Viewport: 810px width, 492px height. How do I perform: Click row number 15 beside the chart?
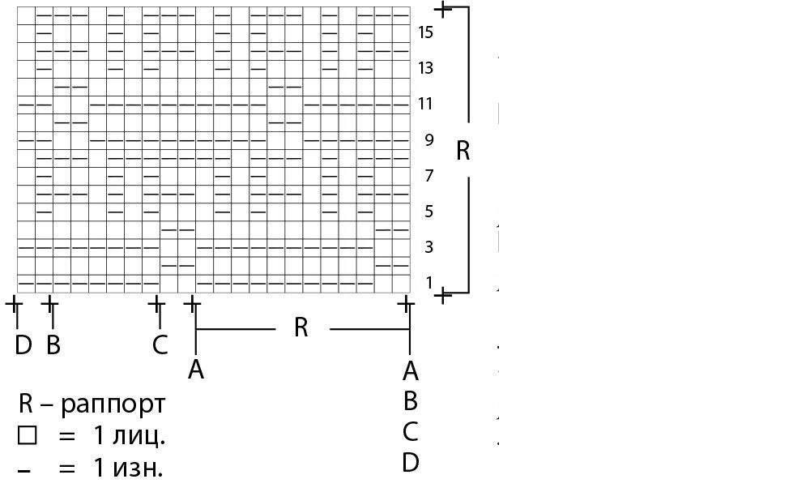tap(425, 32)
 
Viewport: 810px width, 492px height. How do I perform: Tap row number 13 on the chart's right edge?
tap(425, 68)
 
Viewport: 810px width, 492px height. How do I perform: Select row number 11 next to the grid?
tap(425, 104)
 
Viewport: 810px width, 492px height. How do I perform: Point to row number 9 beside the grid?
tap(428, 140)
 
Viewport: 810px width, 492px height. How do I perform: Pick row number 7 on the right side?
tap(428, 176)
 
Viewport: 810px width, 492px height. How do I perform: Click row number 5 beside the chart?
tap(428, 212)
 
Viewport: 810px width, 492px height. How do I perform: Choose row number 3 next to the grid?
tap(428, 247)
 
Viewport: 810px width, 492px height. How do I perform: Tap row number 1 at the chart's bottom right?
tap(428, 282)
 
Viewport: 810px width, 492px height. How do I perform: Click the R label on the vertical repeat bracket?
tap(463, 151)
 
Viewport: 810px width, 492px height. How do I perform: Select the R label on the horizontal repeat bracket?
tap(301, 328)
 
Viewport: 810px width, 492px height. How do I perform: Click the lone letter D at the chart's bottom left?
tap(23, 346)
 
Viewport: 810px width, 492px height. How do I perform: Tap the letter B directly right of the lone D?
tap(53, 346)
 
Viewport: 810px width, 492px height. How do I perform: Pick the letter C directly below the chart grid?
tap(160, 346)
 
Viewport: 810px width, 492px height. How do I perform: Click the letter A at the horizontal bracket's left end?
tap(195, 370)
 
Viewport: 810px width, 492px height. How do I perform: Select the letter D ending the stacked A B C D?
tap(411, 463)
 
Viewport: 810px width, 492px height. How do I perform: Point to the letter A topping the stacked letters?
tap(411, 371)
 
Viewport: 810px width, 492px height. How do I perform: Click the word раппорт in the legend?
tap(113, 404)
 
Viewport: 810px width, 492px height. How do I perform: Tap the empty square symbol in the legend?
tap(28, 436)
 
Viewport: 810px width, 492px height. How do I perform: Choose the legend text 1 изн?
tap(127, 468)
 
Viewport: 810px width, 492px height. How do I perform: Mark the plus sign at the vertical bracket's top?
tap(443, 9)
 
